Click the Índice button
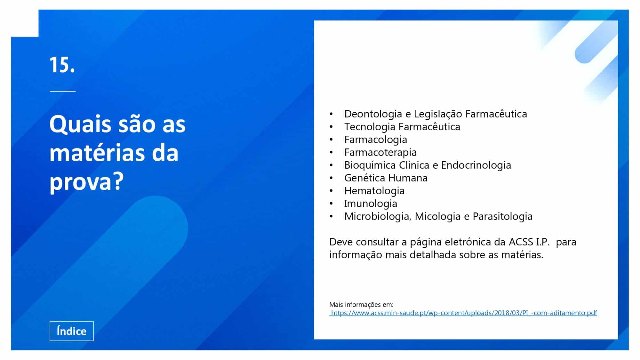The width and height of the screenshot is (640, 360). coord(72,331)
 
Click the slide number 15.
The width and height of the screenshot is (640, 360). coord(62,65)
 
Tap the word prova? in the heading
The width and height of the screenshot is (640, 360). coord(86,181)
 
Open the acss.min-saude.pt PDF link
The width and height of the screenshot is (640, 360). coord(463,313)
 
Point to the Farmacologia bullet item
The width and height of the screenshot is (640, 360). coord(376,140)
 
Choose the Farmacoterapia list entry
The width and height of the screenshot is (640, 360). coord(380,152)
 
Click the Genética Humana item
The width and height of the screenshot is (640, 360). coord(386,178)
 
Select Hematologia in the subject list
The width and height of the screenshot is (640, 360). coord(374,191)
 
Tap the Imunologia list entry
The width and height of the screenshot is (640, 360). coord(371,204)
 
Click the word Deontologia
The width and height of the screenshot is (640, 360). coord(373,114)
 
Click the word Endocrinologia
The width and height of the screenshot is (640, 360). coord(476,165)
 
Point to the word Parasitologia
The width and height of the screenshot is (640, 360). coord(503,216)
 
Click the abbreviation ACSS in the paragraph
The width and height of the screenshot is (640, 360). coord(521,242)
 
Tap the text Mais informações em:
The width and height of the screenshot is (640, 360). coord(361,304)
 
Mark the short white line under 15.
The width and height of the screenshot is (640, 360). coord(63,91)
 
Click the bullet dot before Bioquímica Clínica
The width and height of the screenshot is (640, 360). coord(331,165)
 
